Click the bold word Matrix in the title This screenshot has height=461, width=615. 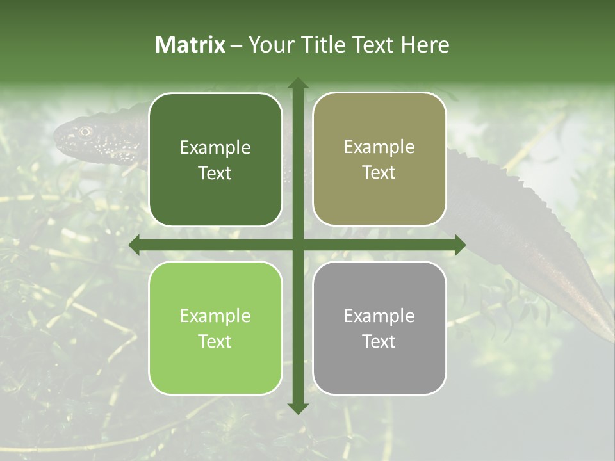pos(190,45)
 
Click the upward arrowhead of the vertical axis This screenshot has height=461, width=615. pos(297,83)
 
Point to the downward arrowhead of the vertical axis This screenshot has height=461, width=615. pos(297,408)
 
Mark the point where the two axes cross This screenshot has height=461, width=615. pos(297,245)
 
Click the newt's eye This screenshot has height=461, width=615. pos(84,132)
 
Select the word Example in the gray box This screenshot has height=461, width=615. pos(379,316)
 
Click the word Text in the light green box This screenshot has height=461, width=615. pos(215,341)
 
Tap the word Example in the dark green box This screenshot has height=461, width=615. pos(215,148)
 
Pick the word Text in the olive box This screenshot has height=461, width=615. pos(379,173)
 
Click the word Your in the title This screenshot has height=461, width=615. pos(268,45)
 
